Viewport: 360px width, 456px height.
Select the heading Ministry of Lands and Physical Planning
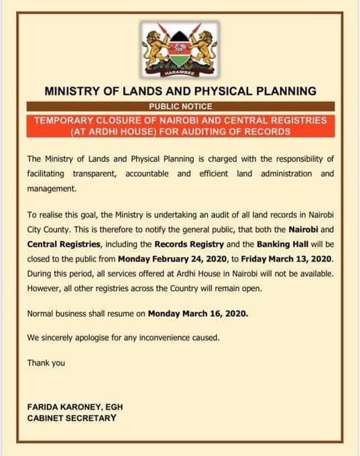180,91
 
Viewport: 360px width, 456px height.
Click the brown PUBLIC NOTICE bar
180,106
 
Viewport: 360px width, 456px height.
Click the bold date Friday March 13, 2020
296,258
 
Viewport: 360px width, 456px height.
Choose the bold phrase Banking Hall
282,243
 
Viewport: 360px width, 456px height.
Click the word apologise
88,337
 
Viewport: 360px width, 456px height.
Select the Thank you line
46,363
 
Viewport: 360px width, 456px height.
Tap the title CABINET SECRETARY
72,418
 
